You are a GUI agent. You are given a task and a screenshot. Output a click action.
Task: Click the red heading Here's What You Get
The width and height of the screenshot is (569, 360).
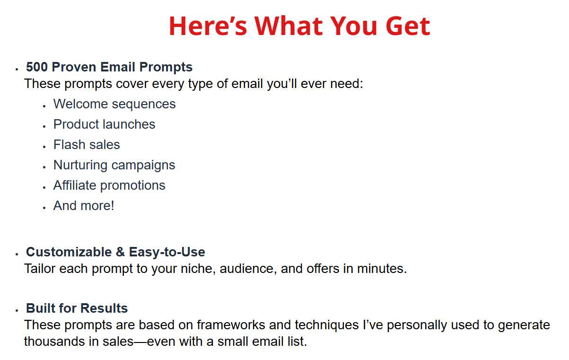(299, 26)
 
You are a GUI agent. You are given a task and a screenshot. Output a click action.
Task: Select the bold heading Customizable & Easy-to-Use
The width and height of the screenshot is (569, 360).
(115, 252)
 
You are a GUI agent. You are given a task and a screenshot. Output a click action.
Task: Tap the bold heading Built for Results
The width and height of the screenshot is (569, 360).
(77, 308)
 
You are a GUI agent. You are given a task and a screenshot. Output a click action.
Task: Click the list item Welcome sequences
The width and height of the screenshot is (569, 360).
(114, 104)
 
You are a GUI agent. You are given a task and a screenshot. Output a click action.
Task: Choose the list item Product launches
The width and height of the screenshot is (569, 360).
(104, 124)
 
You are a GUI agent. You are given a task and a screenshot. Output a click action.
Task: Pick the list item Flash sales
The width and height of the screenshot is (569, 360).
(87, 145)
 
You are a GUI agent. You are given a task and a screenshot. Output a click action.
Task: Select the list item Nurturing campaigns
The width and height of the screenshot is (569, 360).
(114, 165)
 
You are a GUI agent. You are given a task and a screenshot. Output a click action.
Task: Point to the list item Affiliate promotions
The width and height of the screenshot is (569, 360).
(109, 185)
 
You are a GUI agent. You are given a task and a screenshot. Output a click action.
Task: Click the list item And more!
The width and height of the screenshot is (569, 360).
(84, 206)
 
